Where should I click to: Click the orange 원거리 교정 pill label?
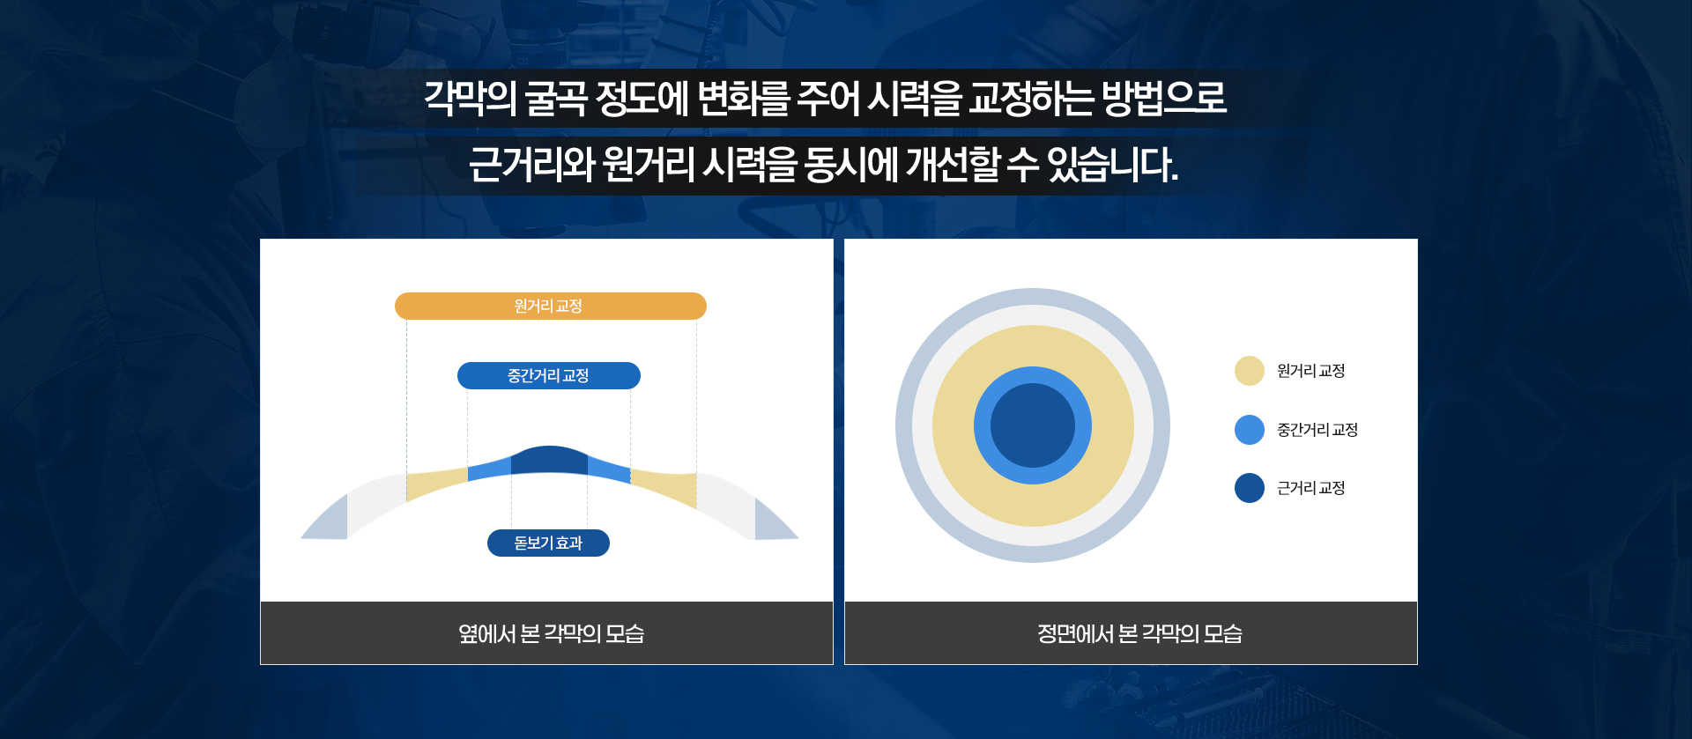(x=551, y=306)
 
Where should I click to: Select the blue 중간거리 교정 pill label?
(x=549, y=375)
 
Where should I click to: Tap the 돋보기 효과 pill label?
(x=548, y=543)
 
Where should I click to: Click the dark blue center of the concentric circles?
(x=1033, y=425)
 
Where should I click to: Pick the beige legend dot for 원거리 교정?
(x=1250, y=371)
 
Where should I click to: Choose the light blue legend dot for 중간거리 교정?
(x=1250, y=430)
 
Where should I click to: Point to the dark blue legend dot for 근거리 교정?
(x=1250, y=488)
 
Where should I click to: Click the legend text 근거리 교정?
(x=1311, y=488)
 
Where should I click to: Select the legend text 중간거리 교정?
(x=1317, y=430)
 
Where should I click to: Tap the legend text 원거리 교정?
(x=1311, y=371)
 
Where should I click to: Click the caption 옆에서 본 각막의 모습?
(x=552, y=633)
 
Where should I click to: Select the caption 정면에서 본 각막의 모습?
(x=1139, y=633)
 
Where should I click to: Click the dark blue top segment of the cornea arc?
(x=549, y=460)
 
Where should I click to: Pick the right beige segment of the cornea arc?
(x=664, y=486)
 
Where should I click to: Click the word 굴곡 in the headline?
(x=556, y=98)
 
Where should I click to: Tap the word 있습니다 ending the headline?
(x=1112, y=165)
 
